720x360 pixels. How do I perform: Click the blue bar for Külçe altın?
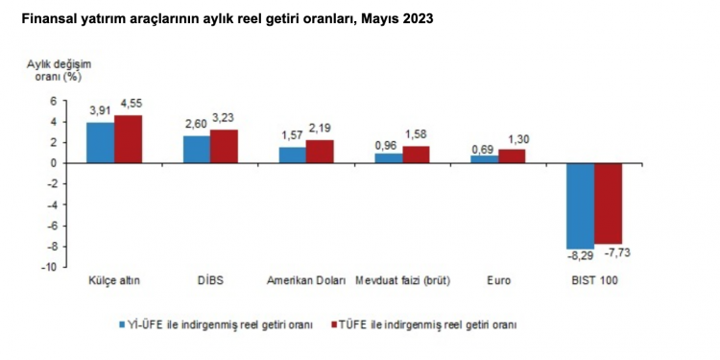[x=101, y=142]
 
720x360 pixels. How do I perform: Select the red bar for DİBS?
[x=224, y=146]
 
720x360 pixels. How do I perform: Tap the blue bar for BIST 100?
[x=580, y=205]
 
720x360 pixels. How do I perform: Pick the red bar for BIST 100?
[x=608, y=203]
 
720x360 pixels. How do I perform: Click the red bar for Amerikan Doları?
[x=320, y=152]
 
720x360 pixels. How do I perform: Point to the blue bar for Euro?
[x=484, y=159]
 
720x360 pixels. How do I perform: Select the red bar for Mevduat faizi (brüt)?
[x=416, y=155]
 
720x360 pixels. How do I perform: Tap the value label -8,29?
[x=578, y=256]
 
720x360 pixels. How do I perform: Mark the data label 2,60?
[x=196, y=127]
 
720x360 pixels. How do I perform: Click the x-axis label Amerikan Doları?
[x=305, y=281]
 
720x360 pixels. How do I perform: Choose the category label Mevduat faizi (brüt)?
[x=403, y=281]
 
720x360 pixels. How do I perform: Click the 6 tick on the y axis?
[x=53, y=101]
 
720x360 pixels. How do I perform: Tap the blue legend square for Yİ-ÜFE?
[x=122, y=324]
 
